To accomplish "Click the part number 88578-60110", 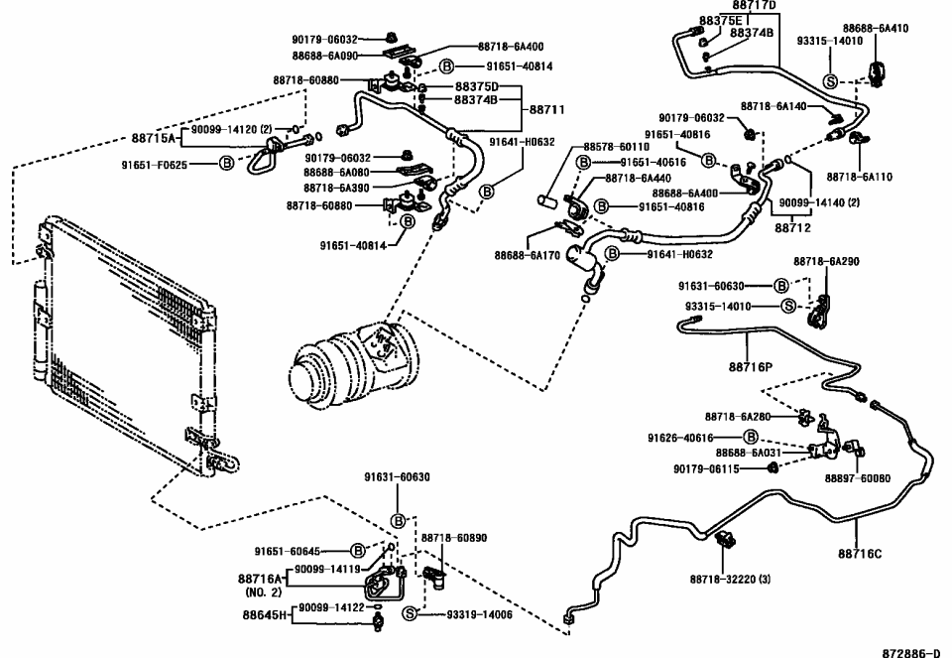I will click(617, 147).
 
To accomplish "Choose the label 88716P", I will click(758, 366).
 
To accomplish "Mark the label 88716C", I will click(859, 554).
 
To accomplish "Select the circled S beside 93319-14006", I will click(409, 615).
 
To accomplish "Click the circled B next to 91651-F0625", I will click(227, 163).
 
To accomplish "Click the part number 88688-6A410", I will click(876, 29).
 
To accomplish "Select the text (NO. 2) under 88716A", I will click(263, 592).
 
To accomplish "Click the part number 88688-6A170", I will click(529, 254).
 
